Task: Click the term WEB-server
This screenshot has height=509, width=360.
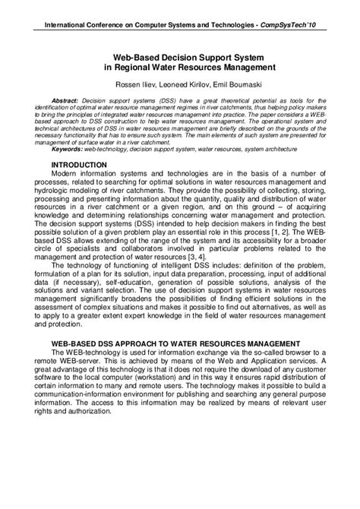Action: (x=81, y=362)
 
